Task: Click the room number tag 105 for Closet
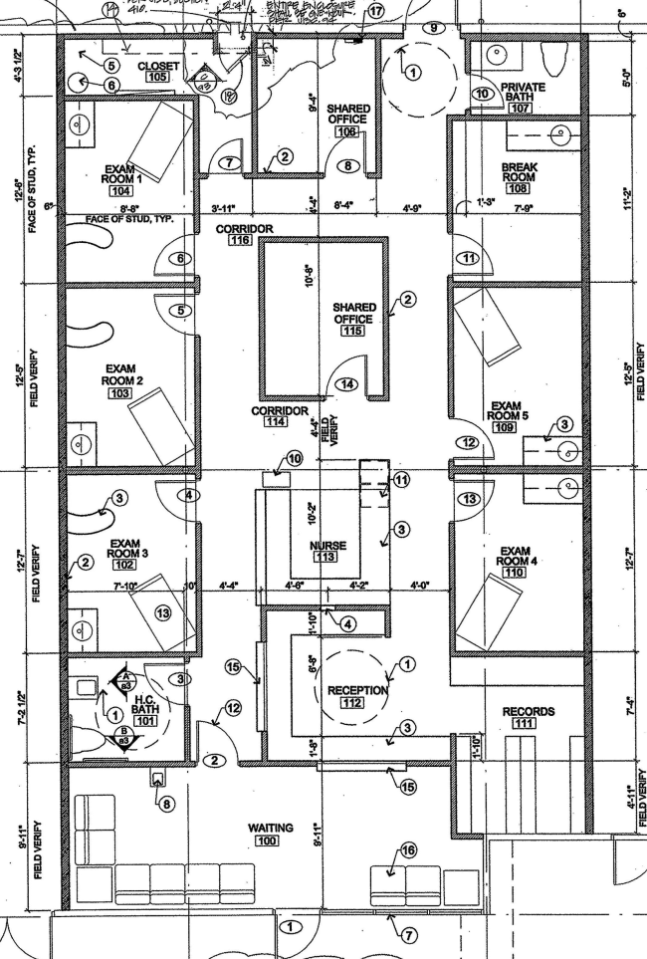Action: click(x=157, y=78)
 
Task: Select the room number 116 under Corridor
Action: click(x=239, y=240)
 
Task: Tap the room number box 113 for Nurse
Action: click(x=324, y=558)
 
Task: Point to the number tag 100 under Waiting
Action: click(x=267, y=842)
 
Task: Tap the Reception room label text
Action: click(x=350, y=690)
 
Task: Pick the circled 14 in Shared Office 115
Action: click(x=347, y=384)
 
